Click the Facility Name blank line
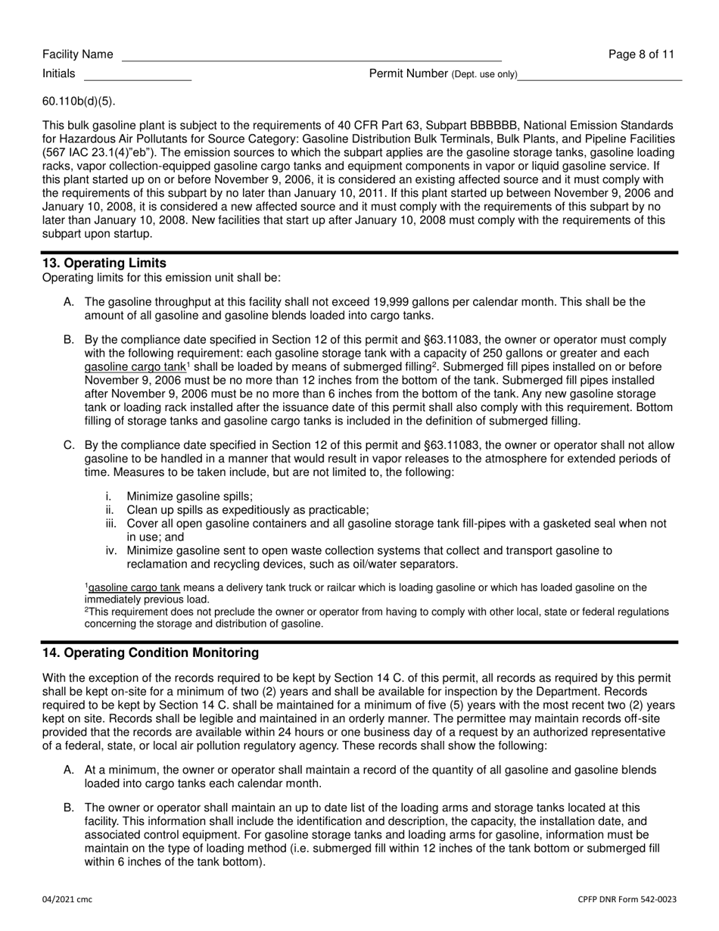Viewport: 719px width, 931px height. (311, 56)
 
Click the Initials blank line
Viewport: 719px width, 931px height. (137, 76)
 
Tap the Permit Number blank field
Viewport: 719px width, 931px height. (599, 76)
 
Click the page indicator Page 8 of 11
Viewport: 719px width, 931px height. (641, 54)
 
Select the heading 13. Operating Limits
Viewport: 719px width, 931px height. (104, 263)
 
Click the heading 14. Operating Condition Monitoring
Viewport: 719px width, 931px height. (150, 652)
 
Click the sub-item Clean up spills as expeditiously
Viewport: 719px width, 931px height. (247, 510)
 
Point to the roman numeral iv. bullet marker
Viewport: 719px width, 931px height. (111, 551)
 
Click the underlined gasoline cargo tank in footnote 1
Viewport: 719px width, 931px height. (134, 587)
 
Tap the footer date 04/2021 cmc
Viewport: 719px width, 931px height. (67, 899)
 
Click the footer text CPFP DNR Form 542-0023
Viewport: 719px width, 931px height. (627, 899)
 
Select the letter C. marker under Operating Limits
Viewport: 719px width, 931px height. (69, 445)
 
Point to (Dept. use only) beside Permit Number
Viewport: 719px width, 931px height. (484, 74)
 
